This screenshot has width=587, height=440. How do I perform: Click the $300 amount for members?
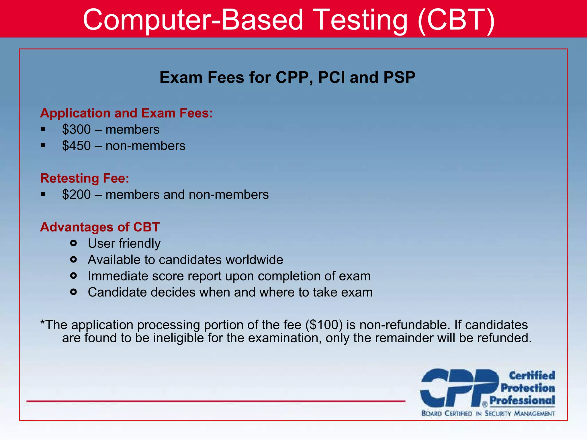tap(76, 129)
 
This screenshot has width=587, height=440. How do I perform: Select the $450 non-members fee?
tap(76, 146)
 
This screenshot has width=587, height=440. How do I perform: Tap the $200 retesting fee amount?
tap(76, 195)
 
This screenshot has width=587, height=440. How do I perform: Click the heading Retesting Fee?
tap(85, 178)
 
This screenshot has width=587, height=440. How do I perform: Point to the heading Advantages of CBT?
tap(100, 227)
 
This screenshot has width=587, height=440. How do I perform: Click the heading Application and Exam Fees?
tap(126, 113)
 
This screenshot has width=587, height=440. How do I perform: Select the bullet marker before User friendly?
tap(73, 243)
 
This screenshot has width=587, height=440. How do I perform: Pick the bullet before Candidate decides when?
tap(73, 292)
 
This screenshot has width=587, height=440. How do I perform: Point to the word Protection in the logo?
tap(528, 388)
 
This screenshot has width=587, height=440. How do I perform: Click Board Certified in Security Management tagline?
tap(488, 414)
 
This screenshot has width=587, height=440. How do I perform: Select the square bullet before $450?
tap(43, 146)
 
